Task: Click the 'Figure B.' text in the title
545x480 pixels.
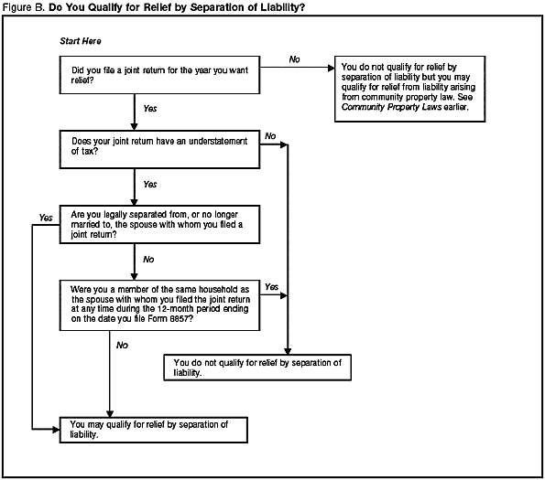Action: tap(23, 7)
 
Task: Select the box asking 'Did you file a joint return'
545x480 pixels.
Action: tap(158, 73)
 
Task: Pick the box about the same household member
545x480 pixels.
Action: tap(158, 306)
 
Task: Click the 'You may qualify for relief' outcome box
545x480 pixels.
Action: tap(158, 430)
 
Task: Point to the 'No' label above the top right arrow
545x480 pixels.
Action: tap(294, 59)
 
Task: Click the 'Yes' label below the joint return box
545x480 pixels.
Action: tap(150, 109)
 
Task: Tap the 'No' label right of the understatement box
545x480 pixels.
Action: tap(270, 136)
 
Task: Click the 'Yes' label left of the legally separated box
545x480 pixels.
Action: tap(46, 217)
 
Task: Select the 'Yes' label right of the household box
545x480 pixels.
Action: tap(271, 287)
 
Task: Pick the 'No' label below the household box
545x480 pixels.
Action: tap(122, 345)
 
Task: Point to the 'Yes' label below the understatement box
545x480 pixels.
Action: tap(150, 184)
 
